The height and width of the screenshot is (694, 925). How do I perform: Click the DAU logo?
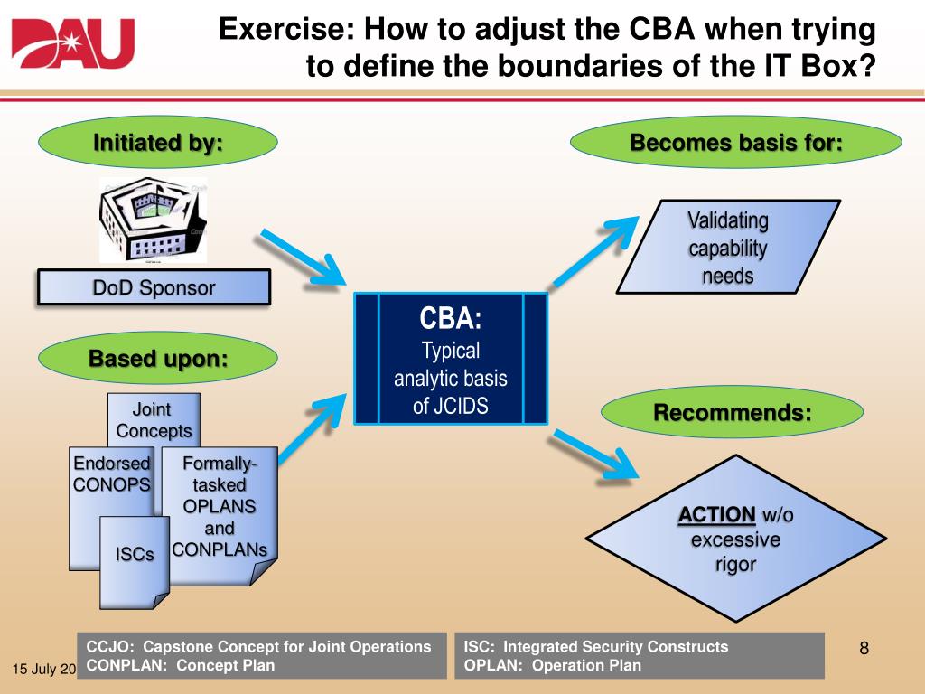click(72, 43)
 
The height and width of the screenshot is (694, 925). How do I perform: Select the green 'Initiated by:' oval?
click(157, 144)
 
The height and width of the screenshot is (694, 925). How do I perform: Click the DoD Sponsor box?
click(154, 288)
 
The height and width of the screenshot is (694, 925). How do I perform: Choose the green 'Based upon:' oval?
click(157, 359)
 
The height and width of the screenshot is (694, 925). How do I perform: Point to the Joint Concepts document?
click(154, 418)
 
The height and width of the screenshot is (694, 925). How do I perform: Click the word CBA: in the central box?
click(450, 319)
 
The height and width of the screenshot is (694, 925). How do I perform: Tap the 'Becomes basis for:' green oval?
click(736, 144)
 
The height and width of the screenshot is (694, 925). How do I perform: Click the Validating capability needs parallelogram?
click(727, 248)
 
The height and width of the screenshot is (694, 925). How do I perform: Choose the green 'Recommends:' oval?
click(733, 413)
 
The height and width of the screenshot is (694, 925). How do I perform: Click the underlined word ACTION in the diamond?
click(717, 515)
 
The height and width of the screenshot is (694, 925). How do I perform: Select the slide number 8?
click(864, 647)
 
